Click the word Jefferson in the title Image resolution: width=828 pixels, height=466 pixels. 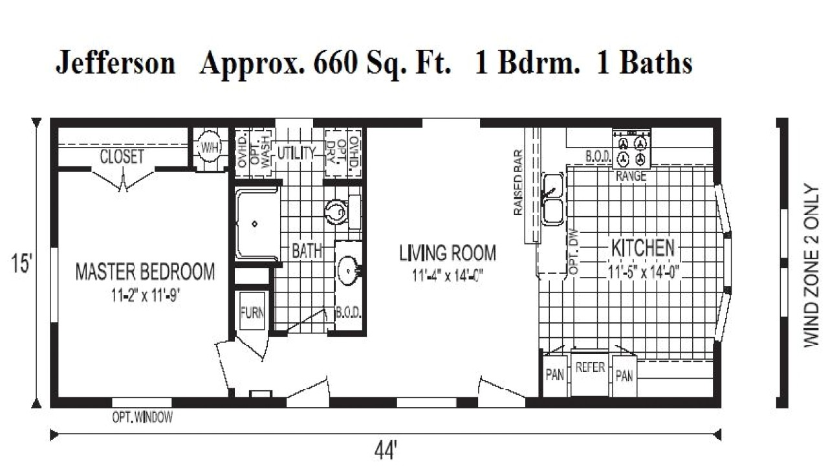click(115, 63)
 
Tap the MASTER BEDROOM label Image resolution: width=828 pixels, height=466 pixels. click(145, 271)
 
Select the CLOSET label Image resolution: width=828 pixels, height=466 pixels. click(122, 157)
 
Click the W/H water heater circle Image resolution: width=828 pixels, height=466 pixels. click(209, 148)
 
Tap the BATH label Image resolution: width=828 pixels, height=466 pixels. click(307, 251)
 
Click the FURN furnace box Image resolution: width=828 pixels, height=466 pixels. click(252, 313)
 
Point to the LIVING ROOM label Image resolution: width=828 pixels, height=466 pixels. click(447, 252)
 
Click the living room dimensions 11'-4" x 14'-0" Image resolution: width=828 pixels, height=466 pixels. click(448, 274)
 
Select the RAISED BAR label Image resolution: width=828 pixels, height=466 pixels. click(518, 187)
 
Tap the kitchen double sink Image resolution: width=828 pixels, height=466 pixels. click(552, 199)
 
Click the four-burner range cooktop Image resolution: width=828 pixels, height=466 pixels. click(631, 151)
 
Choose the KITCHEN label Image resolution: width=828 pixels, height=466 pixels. click(643, 247)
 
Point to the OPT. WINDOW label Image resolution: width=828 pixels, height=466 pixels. click(142, 417)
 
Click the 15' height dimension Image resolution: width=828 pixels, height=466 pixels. click(22, 265)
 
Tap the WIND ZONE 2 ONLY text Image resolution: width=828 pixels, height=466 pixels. click(811, 265)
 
